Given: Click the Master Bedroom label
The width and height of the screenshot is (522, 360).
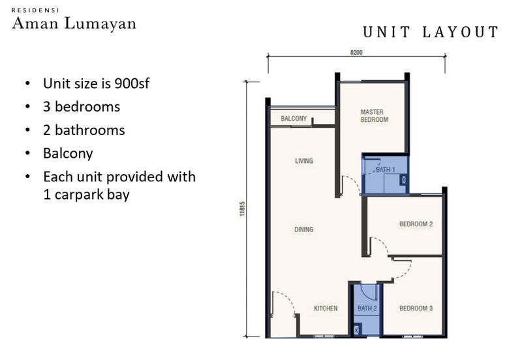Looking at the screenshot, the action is click(374, 116).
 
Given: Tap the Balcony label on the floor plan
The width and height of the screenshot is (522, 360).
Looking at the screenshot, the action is click(294, 119).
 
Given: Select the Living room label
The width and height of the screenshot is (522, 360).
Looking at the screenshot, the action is click(304, 161).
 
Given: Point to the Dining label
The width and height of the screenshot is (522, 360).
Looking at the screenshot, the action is click(303, 230).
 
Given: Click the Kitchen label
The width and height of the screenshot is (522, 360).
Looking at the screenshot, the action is click(326, 308).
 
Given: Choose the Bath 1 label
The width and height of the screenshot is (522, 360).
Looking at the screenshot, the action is click(386, 170).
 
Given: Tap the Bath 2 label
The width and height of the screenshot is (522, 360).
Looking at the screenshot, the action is click(367, 308).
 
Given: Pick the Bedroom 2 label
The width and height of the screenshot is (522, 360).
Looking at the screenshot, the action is click(416, 224).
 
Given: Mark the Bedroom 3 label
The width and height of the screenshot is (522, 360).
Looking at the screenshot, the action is click(416, 308).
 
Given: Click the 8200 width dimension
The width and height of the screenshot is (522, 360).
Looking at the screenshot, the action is click(356, 52).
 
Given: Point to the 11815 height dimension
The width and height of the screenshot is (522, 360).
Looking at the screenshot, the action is click(242, 209).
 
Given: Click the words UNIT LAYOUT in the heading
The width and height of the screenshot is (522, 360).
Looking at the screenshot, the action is click(431, 32).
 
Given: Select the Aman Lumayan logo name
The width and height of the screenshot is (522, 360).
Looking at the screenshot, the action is click(74, 23).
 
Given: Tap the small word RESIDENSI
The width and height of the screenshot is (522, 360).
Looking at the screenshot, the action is click(35, 10).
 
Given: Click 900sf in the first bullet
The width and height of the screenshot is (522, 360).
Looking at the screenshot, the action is click(132, 83).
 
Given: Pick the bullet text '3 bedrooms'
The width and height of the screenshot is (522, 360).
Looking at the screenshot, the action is click(82, 107).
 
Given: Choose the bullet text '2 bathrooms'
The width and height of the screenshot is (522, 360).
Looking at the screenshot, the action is click(84, 130).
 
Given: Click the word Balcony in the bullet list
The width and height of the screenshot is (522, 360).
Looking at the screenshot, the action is click(68, 154).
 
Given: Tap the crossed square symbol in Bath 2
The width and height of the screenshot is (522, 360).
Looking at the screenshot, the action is click(357, 331).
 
